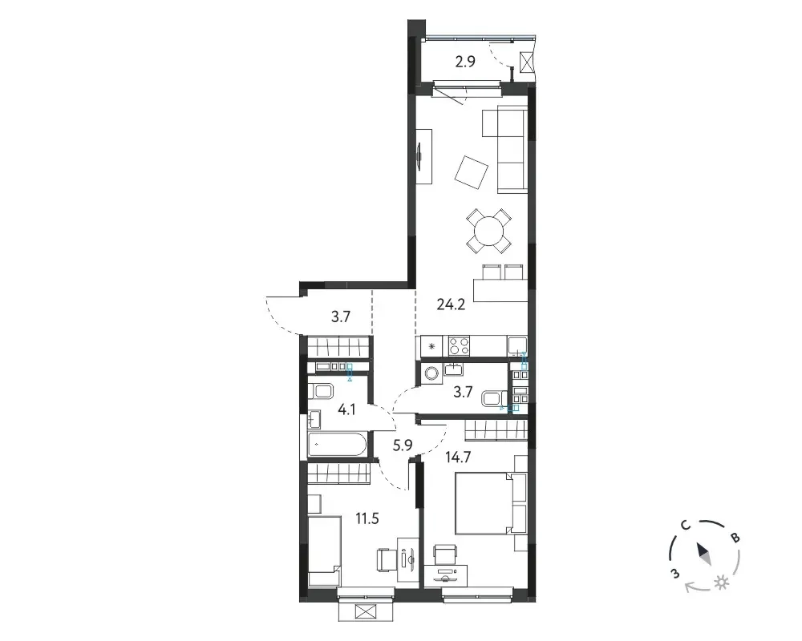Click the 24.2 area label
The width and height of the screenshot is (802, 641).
click(451, 304)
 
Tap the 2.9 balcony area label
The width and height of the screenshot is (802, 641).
click(465, 62)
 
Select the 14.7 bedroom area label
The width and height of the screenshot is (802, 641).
click(458, 457)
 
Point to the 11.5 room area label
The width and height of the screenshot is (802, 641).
click(367, 519)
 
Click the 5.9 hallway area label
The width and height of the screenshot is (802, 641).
click(403, 445)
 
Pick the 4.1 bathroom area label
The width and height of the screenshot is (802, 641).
click(346, 409)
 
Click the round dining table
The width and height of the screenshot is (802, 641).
click(488, 231)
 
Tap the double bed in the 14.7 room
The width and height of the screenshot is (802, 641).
click(484, 503)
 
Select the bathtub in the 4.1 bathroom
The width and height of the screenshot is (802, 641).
click(337, 445)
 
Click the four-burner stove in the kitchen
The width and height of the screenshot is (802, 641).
click(459, 345)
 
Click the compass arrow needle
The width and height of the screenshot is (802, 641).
click(703, 554)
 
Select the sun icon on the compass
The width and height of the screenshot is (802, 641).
click(722, 583)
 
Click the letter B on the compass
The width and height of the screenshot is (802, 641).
click(735, 538)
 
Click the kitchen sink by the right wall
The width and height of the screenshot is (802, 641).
click(517, 345)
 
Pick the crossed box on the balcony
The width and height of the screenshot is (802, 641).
click(526, 62)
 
